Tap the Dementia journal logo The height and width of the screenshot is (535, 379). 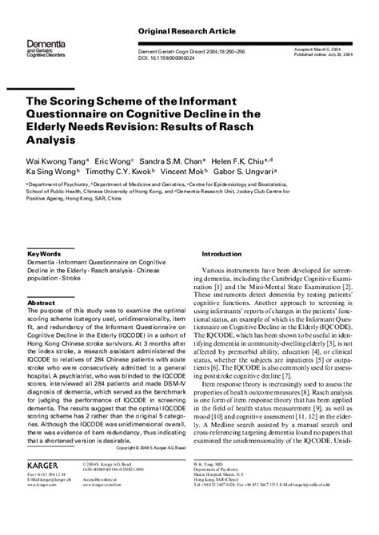click(42, 50)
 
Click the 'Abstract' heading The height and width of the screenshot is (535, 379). click(41, 303)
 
